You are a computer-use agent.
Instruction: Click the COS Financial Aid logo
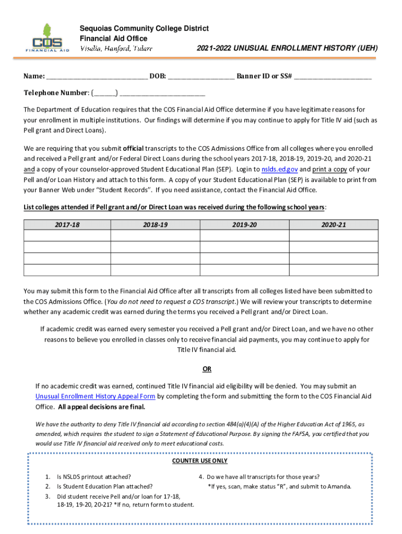(47, 38)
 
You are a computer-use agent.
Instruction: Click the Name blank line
(97, 77)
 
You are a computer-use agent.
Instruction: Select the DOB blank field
(201, 77)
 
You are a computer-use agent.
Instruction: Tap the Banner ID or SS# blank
(333, 77)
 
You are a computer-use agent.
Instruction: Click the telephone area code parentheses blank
(105, 93)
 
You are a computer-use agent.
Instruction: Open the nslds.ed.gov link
(279, 169)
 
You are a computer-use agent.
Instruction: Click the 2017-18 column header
(67, 225)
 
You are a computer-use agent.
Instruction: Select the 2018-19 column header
(156, 225)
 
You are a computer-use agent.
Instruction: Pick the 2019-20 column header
(245, 225)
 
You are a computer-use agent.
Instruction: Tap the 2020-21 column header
(334, 225)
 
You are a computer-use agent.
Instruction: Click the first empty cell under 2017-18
(67, 235)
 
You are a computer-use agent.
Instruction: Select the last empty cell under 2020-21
(334, 270)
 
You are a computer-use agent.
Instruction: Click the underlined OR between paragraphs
(207, 369)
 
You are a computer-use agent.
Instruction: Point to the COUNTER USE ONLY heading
(199, 461)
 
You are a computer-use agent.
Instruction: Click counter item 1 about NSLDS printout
(94, 477)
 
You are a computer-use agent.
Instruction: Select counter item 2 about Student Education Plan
(104, 487)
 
